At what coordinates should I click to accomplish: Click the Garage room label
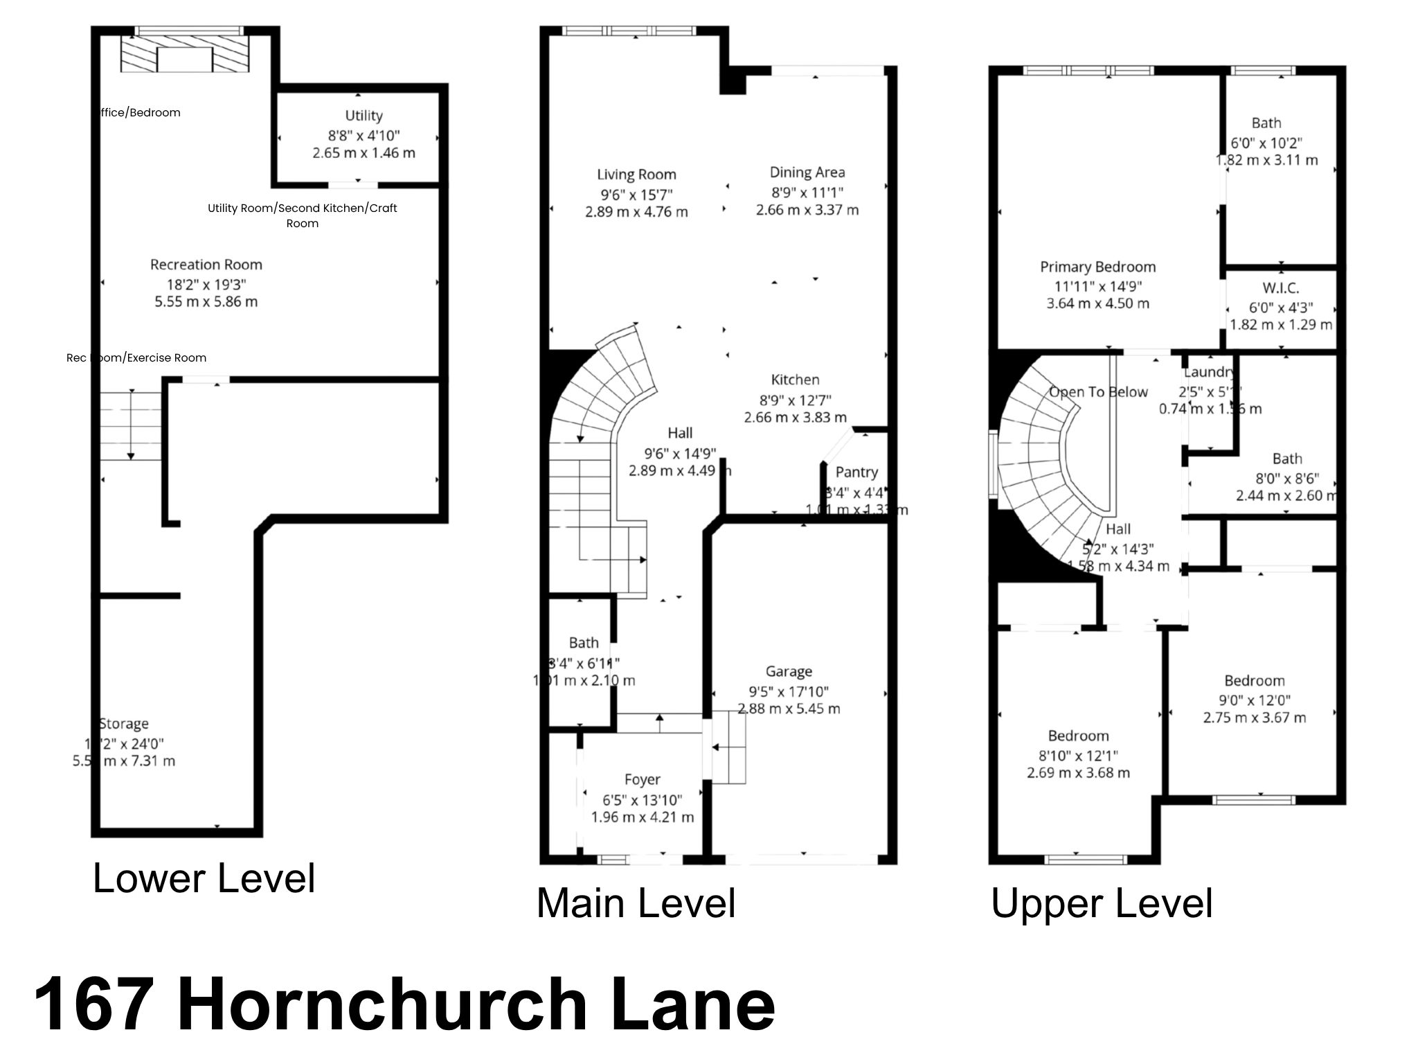pyautogui.click(x=789, y=671)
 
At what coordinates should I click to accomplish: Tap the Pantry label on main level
pyautogui.click(x=856, y=472)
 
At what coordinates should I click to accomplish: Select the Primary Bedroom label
pyautogui.click(x=1097, y=267)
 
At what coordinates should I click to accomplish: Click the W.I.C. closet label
pyautogui.click(x=1280, y=288)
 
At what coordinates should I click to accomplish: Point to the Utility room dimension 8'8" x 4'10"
pyautogui.click(x=364, y=135)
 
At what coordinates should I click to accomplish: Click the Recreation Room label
pyautogui.click(x=206, y=265)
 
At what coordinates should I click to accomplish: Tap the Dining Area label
pyautogui.click(x=807, y=172)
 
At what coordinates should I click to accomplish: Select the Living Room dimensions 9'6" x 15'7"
pyautogui.click(x=636, y=194)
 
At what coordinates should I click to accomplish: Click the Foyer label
pyautogui.click(x=642, y=780)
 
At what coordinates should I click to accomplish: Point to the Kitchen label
pyautogui.click(x=795, y=380)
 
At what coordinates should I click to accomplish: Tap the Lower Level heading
pyautogui.click(x=204, y=878)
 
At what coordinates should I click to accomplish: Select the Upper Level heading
pyautogui.click(x=1102, y=903)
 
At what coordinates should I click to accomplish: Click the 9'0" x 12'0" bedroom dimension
pyautogui.click(x=1255, y=700)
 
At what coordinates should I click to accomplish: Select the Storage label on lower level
pyautogui.click(x=124, y=724)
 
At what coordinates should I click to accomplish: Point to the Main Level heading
pyautogui.click(x=636, y=903)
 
